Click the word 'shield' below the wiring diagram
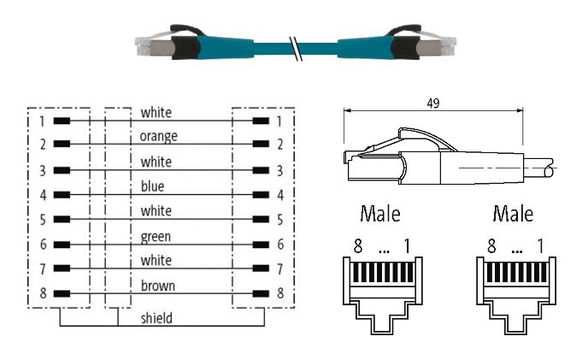156,318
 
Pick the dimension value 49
432,103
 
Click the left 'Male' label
380,213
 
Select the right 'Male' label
513,213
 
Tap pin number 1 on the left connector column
40,121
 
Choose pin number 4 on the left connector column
40,195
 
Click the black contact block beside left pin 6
62,245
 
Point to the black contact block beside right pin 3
259,170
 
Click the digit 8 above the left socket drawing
358,247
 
